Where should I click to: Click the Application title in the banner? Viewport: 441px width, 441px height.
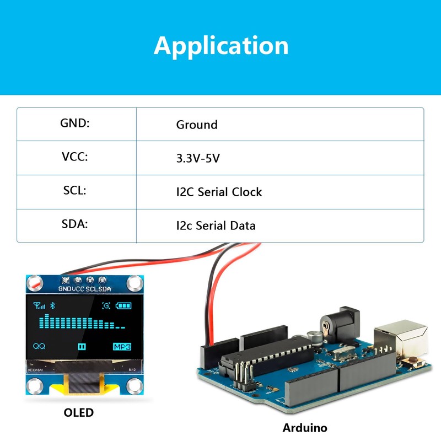[x=221, y=45]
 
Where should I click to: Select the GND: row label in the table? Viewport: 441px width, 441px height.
[x=74, y=123]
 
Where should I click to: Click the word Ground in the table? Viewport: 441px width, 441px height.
[x=197, y=125]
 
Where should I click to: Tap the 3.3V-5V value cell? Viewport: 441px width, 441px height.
[x=198, y=159]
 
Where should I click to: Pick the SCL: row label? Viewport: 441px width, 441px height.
[x=75, y=191]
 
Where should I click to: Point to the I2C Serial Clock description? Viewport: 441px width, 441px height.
[x=219, y=192]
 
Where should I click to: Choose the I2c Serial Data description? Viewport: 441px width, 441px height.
[x=216, y=225]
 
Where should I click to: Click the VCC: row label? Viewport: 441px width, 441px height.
[x=75, y=157]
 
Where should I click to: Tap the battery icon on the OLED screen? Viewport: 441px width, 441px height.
[x=124, y=306]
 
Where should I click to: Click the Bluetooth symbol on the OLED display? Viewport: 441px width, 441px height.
[x=53, y=305]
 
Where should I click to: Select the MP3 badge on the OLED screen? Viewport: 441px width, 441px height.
[x=122, y=347]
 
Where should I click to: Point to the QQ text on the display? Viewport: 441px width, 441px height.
[x=39, y=347]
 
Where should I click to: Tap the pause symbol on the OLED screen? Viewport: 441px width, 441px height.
[x=82, y=347]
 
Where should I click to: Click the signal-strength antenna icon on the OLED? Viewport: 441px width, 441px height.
[x=39, y=306]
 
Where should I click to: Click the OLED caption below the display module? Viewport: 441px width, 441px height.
[x=78, y=412]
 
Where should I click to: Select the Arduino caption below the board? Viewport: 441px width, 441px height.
[x=305, y=428]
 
